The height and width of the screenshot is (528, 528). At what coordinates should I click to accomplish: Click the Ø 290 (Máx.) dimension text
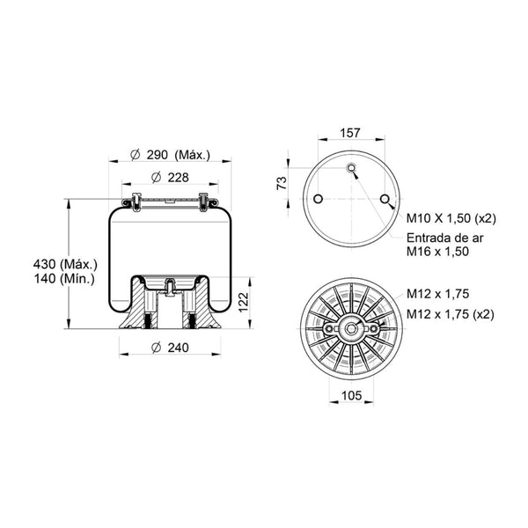coord(170,155)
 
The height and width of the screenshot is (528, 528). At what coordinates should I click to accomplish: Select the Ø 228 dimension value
coord(170,177)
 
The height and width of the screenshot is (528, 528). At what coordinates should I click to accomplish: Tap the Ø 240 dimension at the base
coord(170,348)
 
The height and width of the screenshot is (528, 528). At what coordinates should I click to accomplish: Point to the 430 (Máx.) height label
coord(65,264)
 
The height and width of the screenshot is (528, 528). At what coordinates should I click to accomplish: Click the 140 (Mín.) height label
coord(64,278)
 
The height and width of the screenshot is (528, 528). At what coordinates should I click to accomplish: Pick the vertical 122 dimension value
coord(243,302)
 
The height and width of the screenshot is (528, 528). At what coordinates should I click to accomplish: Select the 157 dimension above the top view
coord(350,133)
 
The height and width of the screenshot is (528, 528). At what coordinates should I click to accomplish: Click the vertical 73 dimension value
coord(282,183)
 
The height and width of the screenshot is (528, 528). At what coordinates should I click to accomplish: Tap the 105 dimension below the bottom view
coord(351,395)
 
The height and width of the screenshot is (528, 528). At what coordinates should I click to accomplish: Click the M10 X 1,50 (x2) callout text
coord(451,218)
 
